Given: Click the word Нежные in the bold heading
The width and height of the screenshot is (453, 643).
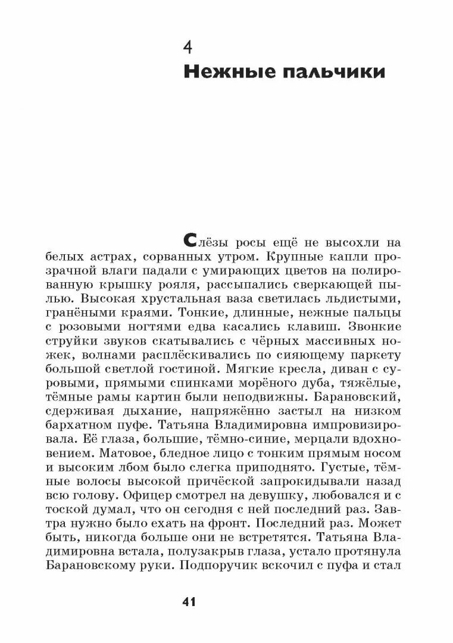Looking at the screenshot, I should click(x=221, y=74).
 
